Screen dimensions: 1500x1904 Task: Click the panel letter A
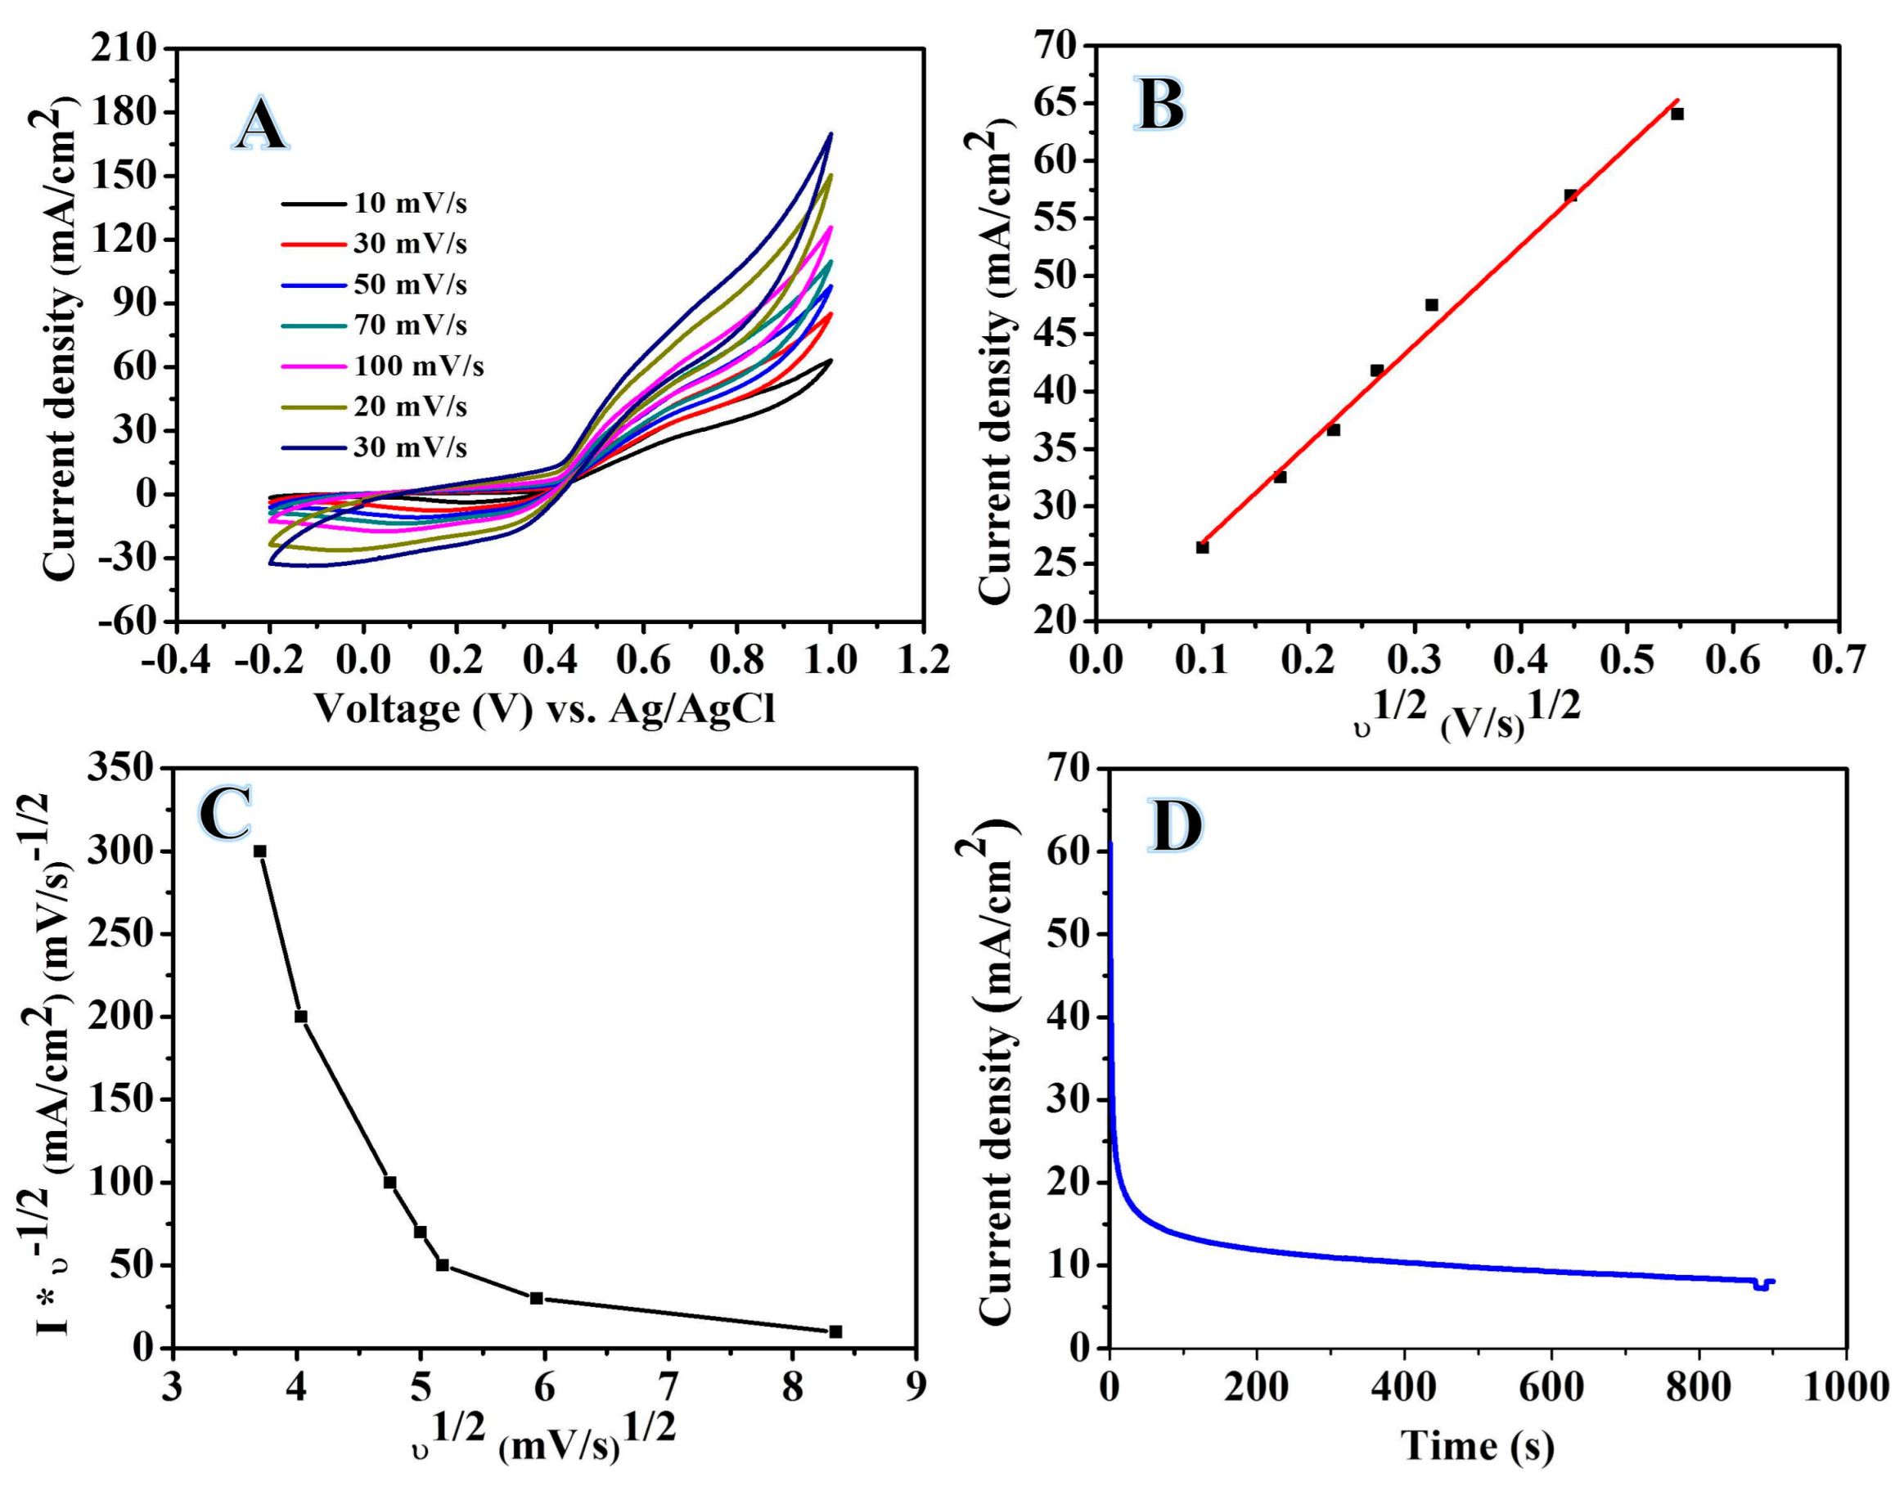pyautogui.click(x=260, y=126)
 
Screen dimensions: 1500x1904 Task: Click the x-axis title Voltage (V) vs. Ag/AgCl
pyautogui.click(x=545, y=707)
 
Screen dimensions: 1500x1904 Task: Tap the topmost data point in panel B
pyautogui.click(x=1677, y=115)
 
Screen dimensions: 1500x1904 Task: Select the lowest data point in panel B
pyautogui.click(x=1202, y=547)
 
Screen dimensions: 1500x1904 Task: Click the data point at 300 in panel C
pyautogui.click(x=260, y=851)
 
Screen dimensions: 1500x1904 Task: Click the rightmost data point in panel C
pyautogui.click(x=835, y=1332)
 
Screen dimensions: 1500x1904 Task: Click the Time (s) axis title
pyautogui.click(x=1477, y=1444)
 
